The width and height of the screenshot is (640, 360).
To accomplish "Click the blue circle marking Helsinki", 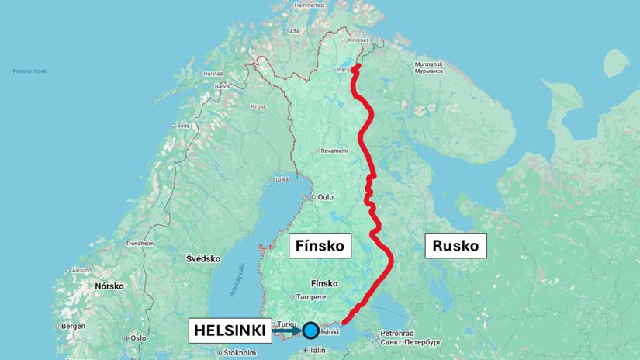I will point(310,331).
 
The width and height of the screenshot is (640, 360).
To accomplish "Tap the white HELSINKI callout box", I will point(230,331).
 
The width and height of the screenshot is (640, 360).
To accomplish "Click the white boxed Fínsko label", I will point(320,247).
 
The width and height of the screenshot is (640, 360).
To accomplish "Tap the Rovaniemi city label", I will point(334,151).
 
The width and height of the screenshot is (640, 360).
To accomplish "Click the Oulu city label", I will point(324,197).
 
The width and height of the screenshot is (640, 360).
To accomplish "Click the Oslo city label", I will point(138,338).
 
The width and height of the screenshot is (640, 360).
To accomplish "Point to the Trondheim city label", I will point(140,243).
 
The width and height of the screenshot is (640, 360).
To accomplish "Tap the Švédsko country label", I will point(203,258).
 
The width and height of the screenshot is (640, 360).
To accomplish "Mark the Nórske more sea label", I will point(29,71).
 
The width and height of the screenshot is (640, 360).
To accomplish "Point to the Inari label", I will point(342,70).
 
